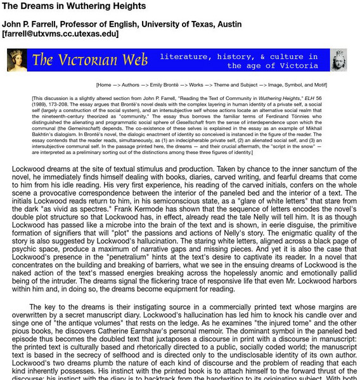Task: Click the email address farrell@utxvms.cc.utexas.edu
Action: (x=60, y=34)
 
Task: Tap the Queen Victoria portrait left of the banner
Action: (x=16, y=60)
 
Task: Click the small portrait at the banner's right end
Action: (x=339, y=60)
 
